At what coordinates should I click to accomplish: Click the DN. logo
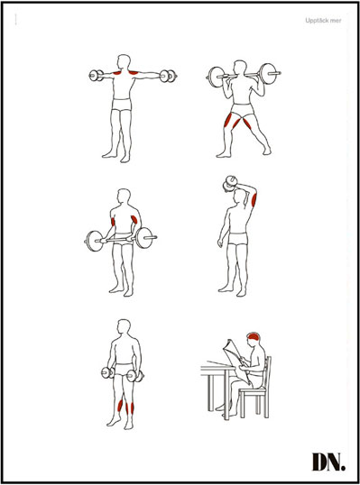pyautogui.click(x=328, y=462)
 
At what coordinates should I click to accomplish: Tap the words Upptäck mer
pyautogui.click(x=323, y=21)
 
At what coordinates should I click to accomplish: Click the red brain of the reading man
pyautogui.click(x=254, y=337)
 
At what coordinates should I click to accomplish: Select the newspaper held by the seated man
pyautogui.click(x=236, y=360)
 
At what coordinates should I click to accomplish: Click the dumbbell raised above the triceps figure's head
pyautogui.click(x=230, y=182)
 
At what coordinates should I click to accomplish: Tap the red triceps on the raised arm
pyautogui.click(x=254, y=199)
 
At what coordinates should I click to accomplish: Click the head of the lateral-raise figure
pyautogui.click(x=124, y=62)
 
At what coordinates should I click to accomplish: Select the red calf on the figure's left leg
pyautogui.click(x=120, y=404)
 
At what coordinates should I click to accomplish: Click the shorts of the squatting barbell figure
pyautogui.click(x=242, y=110)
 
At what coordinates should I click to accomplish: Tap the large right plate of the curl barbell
pyautogui.click(x=144, y=238)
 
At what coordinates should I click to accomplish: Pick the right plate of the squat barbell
pyautogui.click(x=268, y=73)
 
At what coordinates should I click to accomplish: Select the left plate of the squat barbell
pyautogui.click(x=215, y=76)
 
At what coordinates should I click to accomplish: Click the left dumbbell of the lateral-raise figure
pyautogui.click(x=97, y=76)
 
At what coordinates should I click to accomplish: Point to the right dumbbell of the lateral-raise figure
pyautogui.click(x=168, y=76)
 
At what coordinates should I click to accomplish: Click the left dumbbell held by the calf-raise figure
pyautogui.click(x=108, y=372)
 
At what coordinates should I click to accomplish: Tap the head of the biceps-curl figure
pyautogui.click(x=124, y=197)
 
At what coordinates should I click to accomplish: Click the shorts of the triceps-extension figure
pyautogui.click(x=238, y=239)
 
